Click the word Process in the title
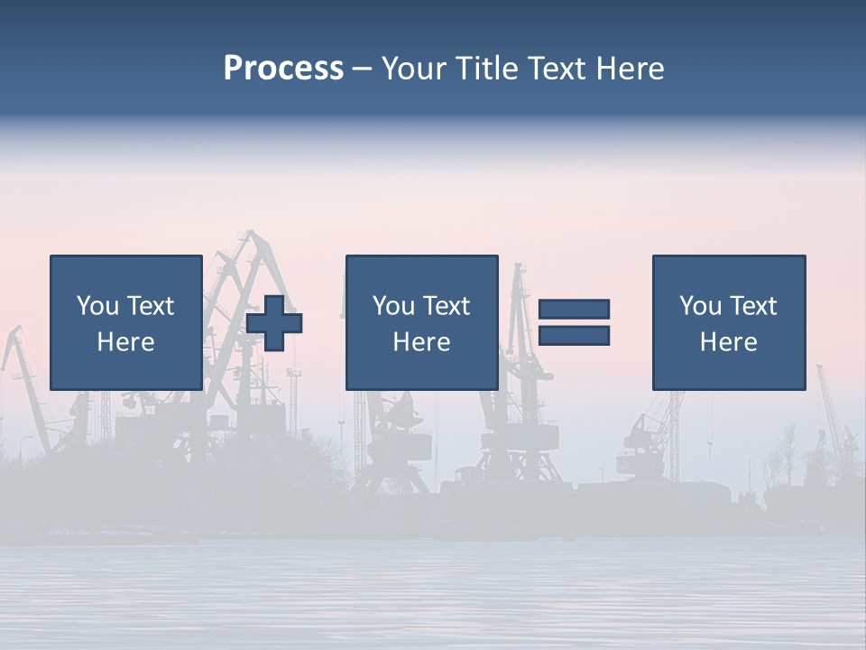pos(283,69)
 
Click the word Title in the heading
pos(484,69)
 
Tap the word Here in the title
pos(629,69)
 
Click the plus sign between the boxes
pos(274,322)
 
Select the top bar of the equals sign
pos(575,309)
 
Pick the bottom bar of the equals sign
pos(575,336)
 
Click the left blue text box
pos(125,322)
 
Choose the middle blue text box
pos(421,322)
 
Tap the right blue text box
pos(728,322)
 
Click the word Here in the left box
pos(125,342)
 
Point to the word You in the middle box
pos(393,306)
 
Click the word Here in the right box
pos(728,342)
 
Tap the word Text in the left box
pos(150,306)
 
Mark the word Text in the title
pos(557,69)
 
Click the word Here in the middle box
pos(421,342)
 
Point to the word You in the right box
pos(700,306)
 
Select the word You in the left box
pos(97,306)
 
